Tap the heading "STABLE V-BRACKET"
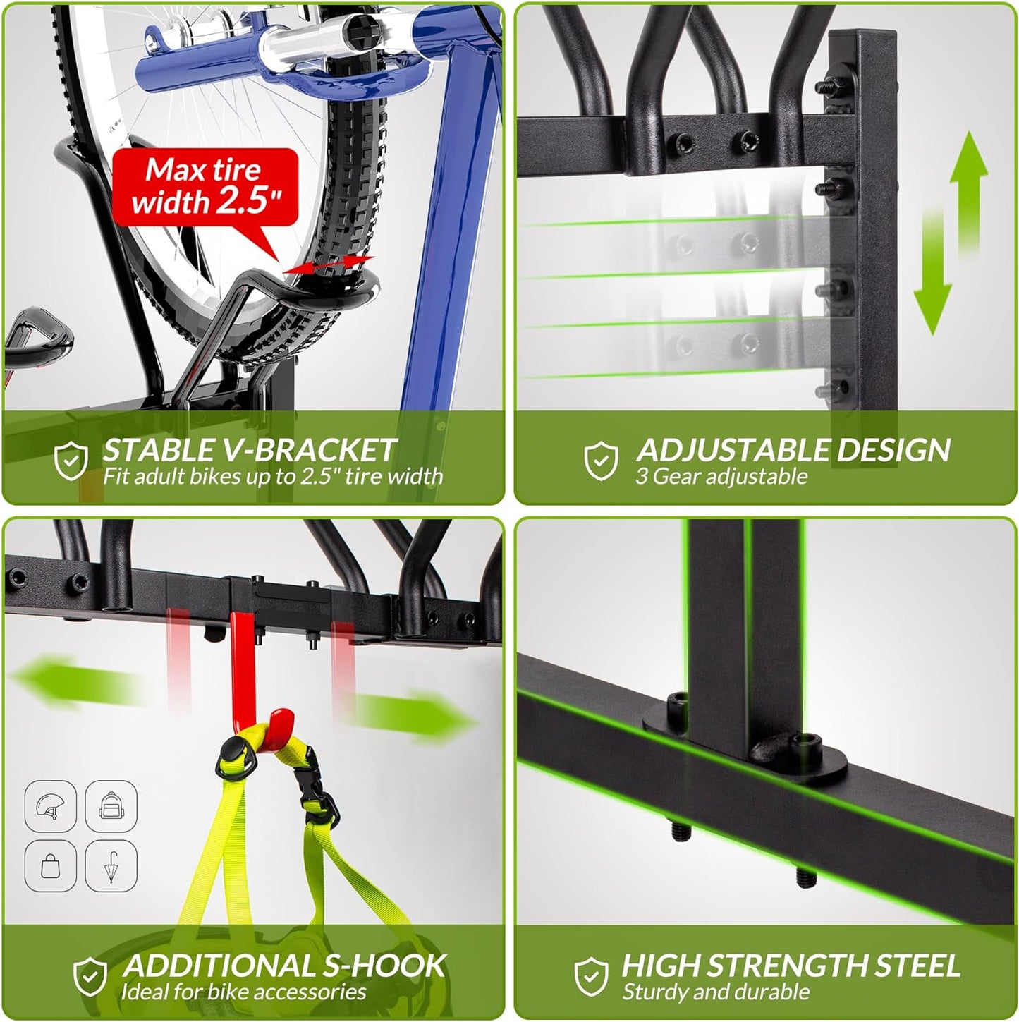(249, 450)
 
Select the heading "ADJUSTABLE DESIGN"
(793, 450)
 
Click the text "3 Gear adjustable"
(721, 477)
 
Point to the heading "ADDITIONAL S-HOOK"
(284, 966)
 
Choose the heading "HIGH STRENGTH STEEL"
(791, 966)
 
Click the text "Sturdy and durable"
(715, 992)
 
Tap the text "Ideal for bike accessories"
(243, 992)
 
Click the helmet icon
(50, 806)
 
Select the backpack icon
(110, 806)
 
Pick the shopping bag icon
(50, 866)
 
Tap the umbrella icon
(110, 866)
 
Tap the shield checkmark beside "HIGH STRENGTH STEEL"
(591, 976)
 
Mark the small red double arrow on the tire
(328, 265)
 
